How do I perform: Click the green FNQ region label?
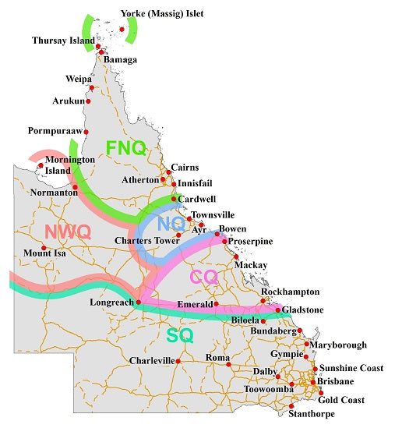(125, 148)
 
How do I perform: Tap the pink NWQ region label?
(68, 232)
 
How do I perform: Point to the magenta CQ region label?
(204, 276)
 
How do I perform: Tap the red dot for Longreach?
(137, 302)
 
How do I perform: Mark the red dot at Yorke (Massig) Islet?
(122, 30)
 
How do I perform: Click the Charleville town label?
(151, 361)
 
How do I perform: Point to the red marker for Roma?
(228, 364)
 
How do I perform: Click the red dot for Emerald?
(217, 304)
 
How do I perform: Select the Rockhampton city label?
(291, 292)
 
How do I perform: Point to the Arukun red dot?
(89, 101)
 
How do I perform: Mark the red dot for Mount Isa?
(44, 249)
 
